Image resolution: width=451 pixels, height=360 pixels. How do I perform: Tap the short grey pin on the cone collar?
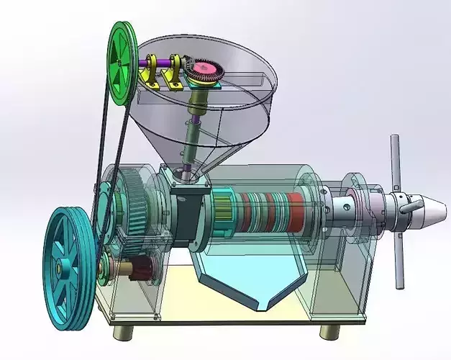[x=409, y=208]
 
